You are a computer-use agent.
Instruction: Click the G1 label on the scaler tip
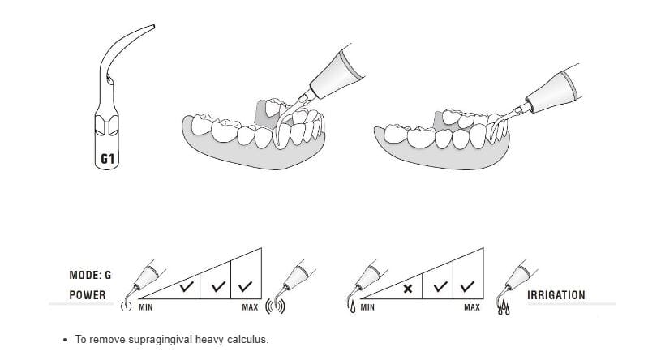pyautogui.click(x=107, y=159)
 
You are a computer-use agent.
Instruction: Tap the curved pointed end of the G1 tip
pyautogui.click(x=153, y=26)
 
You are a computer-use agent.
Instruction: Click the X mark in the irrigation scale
pyautogui.click(x=407, y=289)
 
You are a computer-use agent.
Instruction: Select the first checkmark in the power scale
pyautogui.click(x=187, y=285)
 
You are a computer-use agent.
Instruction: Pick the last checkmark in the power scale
pyautogui.click(x=246, y=285)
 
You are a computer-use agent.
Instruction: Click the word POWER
pyautogui.click(x=88, y=295)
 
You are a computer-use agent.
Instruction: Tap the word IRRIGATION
pyautogui.click(x=556, y=295)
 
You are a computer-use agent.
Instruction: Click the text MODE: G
pyautogui.click(x=90, y=275)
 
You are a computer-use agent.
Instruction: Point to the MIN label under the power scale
pyautogui.click(x=145, y=307)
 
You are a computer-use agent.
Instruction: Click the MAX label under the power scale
pyautogui.click(x=250, y=307)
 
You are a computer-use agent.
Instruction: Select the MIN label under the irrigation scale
pyautogui.click(x=367, y=307)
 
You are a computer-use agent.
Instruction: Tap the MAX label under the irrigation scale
pyautogui.click(x=472, y=307)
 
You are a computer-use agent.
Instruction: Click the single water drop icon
pyautogui.click(x=353, y=307)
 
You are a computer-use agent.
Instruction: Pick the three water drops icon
pyautogui.click(x=504, y=308)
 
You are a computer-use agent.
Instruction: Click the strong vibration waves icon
pyautogui.click(x=275, y=306)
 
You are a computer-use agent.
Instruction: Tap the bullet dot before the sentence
pyautogui.click(x=64, y=341)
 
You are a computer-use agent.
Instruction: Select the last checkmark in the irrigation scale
pyautogui.click(x=467, y=286)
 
